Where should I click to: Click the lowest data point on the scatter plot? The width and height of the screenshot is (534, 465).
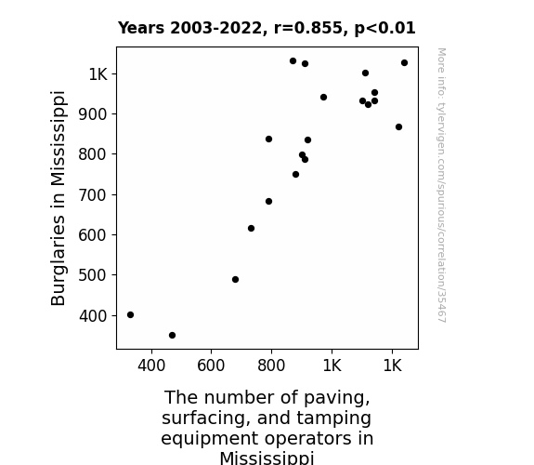(x=173, y=336)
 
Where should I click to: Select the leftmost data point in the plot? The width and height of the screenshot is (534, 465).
(x=130, y=315)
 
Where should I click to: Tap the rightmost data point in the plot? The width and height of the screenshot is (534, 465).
(x=404, y=62)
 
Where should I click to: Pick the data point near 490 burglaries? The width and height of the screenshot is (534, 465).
(x=235, y=279)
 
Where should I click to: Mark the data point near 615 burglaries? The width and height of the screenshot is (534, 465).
(x=251, y=228)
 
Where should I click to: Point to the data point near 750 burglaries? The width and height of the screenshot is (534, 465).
(x=295, y=174)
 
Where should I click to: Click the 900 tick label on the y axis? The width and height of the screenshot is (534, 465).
(x=93, y=114)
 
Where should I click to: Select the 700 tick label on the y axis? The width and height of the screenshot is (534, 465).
(x=93, y=195)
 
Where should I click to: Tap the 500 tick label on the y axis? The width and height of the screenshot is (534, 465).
(x=93, y=275)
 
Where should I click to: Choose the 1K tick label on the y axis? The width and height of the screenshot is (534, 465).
(x=98, y=74)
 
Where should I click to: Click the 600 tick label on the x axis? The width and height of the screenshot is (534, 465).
(x=211, y=365)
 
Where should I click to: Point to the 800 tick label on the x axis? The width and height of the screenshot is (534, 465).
(x=271, y=365)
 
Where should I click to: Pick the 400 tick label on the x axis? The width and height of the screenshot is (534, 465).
(x=151, y=365)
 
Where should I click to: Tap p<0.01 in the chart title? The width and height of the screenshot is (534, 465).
(x=384, y=29)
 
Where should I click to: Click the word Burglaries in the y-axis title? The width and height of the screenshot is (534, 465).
(x=59, y=260)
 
